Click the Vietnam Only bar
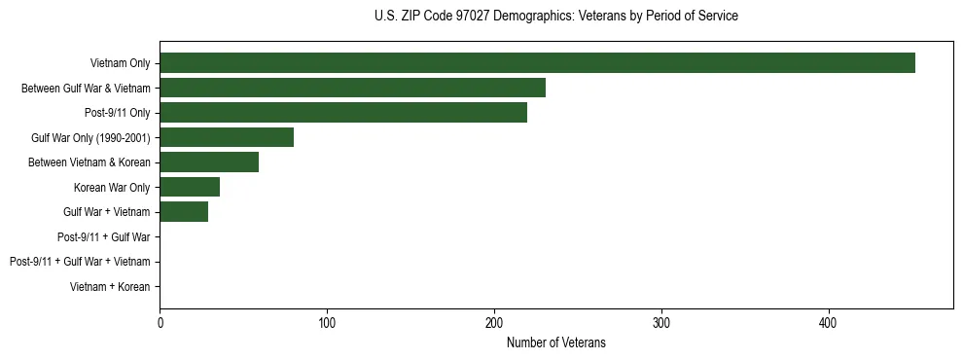click(537, 63)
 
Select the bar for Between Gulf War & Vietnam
click(352, 88)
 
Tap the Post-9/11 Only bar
click(342, 113)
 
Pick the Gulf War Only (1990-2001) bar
click(227, 137)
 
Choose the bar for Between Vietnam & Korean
click(208, 162)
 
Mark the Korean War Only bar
click(190, 187)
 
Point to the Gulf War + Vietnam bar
click(184, 212)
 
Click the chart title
click(555, 17)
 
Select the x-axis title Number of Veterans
click(555, 342)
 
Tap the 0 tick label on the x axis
click(160, 322)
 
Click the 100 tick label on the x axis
click(327, 322)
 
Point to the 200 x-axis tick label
click(494, 322)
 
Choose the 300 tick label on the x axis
click(661, 322)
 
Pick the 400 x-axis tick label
click(829, 322)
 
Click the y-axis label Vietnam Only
click(120, 63)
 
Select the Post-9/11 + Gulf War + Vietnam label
click(80, 262)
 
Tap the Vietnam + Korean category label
click(110, 287)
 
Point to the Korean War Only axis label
click(112, 187)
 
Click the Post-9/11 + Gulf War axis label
click(104, 237)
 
